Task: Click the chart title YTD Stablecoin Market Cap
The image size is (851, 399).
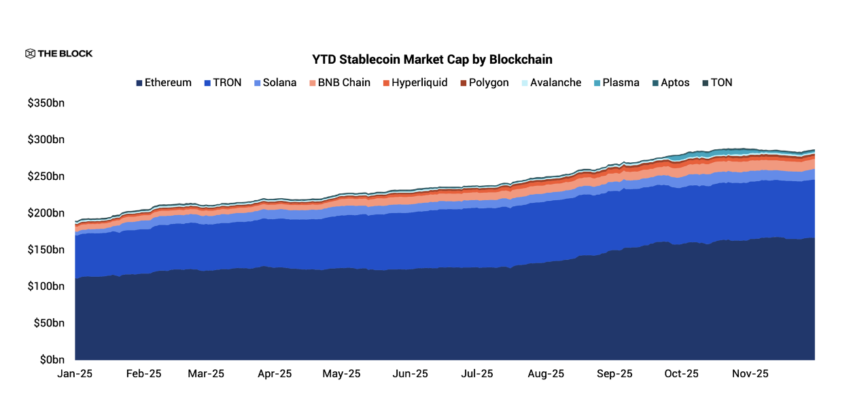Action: tap(432, 60)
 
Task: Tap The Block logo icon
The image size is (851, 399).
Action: tap(30, 54)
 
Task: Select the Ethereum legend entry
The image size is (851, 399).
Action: tap(163, 83)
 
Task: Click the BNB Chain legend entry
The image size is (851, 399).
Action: tap(339, 83)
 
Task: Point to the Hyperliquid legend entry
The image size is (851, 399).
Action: tap(414, 83)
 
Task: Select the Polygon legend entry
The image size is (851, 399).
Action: tap(484, 83)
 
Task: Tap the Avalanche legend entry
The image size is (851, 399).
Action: tap(550, 83)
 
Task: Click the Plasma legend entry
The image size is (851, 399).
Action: tap(616, 83)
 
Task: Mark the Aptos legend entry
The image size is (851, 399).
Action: tap(670, 83)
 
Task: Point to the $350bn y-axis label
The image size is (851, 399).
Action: tap(46, 103)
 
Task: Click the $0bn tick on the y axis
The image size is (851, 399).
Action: tap(52, 360)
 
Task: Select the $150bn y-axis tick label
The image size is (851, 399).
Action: tap(46, 250)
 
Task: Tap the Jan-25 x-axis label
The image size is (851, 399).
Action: tap(75, 374)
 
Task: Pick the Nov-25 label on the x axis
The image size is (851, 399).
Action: tap(750, 374)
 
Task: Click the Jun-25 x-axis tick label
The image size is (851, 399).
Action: tap(411, 374)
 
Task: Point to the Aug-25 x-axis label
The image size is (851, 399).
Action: tap(546, 374)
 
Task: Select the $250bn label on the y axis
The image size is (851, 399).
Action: tap(46, 176)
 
